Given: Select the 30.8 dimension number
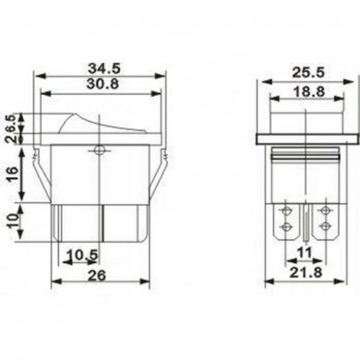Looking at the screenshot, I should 97,89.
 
